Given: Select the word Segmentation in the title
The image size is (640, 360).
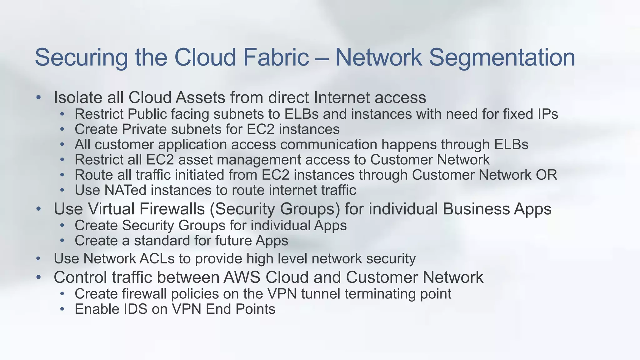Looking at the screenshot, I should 502,57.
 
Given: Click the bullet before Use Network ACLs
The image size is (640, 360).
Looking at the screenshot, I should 38,259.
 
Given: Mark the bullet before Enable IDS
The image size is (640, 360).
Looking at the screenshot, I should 62,309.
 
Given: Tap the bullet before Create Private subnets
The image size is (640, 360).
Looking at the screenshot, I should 62,129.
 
